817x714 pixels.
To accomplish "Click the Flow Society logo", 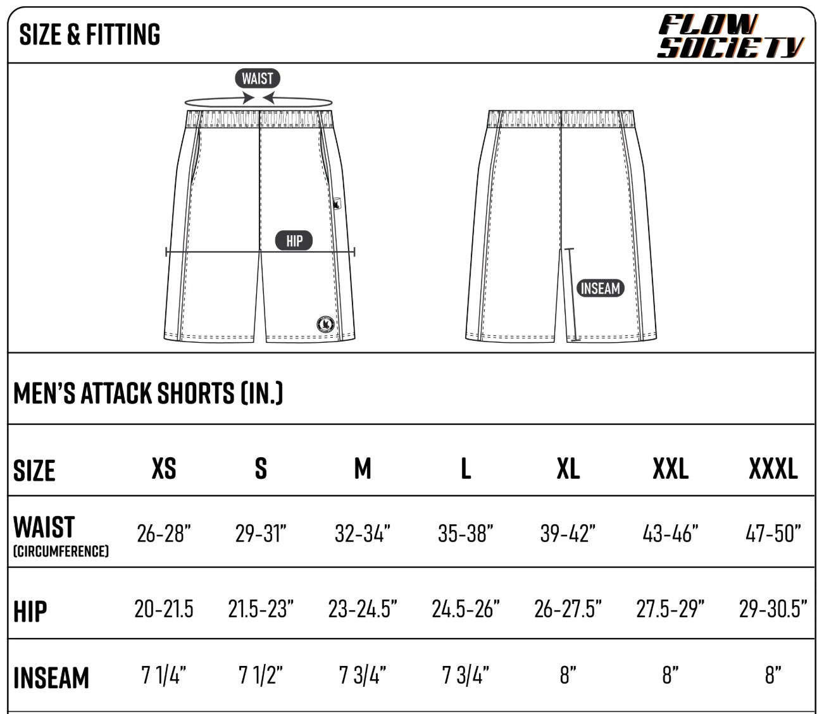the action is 730,36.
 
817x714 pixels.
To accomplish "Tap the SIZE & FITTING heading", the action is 89,34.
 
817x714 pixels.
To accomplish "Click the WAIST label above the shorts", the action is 258,78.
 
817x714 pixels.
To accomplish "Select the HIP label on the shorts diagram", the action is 294,240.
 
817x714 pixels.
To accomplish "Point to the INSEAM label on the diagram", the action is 600,288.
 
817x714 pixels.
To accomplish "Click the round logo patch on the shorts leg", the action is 325,324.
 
